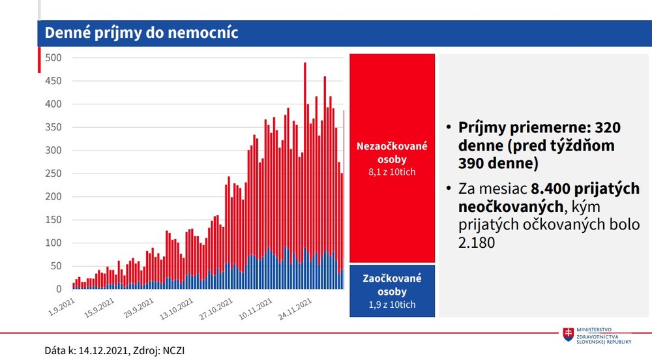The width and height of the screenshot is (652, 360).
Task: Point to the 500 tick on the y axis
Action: coord(53,57)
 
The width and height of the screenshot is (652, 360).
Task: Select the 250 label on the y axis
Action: coord(53,173)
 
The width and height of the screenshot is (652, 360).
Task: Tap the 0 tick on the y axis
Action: coord(58,289)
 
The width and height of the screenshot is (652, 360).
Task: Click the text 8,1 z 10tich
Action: coord(392,172)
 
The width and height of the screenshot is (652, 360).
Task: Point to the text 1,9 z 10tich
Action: coord(392,305)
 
